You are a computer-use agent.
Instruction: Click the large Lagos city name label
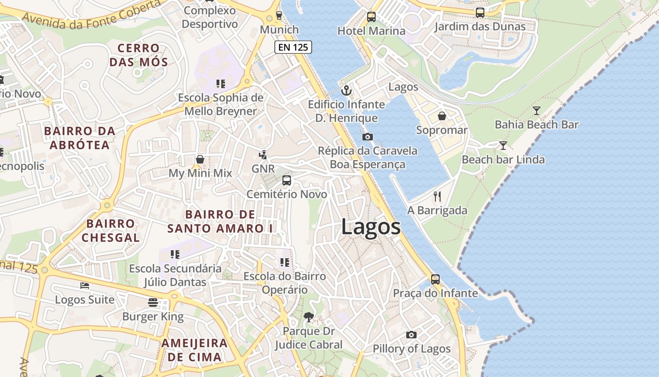371,227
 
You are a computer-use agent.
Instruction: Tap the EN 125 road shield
293,47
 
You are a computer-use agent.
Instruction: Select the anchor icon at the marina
346,90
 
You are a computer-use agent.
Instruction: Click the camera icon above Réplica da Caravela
368,137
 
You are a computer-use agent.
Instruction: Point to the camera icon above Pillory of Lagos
411,335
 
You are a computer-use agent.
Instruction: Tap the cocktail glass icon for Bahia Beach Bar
536,111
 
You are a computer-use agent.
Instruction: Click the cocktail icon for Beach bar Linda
503,146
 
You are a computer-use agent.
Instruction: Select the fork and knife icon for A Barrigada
437,196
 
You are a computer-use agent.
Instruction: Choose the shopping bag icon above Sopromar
442,116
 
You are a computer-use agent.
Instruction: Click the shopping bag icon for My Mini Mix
200,159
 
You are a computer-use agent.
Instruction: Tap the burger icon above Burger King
153,302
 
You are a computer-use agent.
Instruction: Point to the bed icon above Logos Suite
85,286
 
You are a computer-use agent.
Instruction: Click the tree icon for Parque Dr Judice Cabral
308,317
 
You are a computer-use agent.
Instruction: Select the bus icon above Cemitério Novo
286,180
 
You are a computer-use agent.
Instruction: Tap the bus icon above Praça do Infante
435,279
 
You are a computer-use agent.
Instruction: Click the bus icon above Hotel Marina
371,17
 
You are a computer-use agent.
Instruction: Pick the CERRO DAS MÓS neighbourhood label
138,55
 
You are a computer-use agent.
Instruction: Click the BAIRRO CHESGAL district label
111,230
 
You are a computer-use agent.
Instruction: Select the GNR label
263,169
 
